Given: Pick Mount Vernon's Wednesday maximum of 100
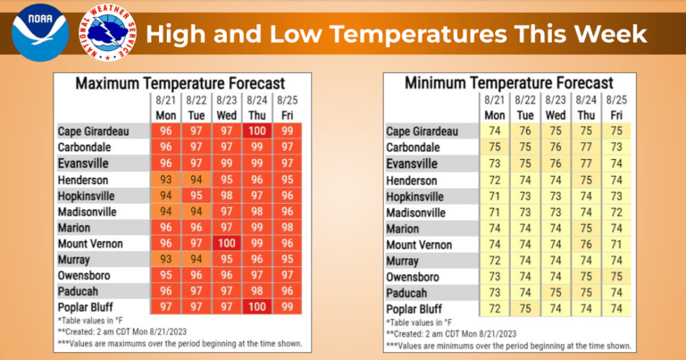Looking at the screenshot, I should pyautogui.click(x=226, y=243).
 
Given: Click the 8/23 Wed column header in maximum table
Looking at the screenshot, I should pyautogui.click(x=226, y=108).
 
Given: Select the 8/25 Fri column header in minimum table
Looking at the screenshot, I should pyautogui.click(x=616, y=108).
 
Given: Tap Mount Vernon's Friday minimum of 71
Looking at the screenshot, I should pyautogui.click(x=616, y=243).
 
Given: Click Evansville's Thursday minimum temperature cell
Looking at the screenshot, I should pyautogui.click(x=586, y=163).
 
